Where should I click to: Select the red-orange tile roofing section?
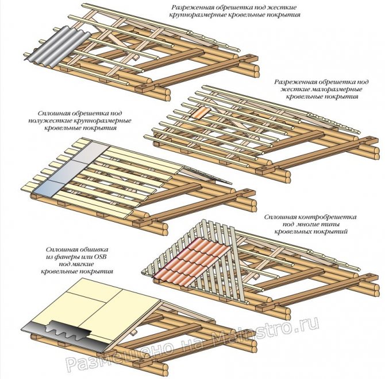tap(192, 257)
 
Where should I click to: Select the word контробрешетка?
tap(328, 217)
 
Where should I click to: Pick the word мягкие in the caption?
tap(83, 264)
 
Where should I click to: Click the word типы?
tap(333, 224)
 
